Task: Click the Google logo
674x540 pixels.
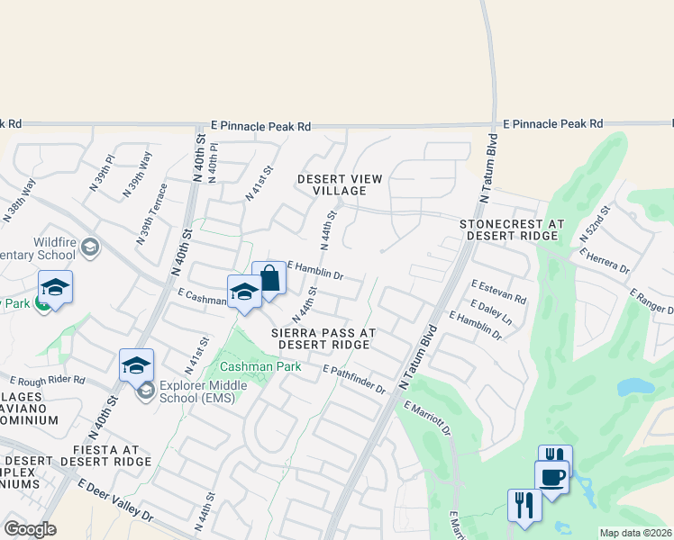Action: point(29,529)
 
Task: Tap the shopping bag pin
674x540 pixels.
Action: point(269,279)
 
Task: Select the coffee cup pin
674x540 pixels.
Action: point(551,476)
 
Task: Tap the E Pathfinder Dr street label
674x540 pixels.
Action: point(354,379)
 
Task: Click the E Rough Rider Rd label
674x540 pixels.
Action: point(47,381)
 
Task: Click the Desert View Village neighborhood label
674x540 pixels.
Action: point(332,184)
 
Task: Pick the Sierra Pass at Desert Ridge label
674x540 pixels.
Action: point(323,338)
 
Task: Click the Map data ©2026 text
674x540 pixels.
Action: point(636,533)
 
